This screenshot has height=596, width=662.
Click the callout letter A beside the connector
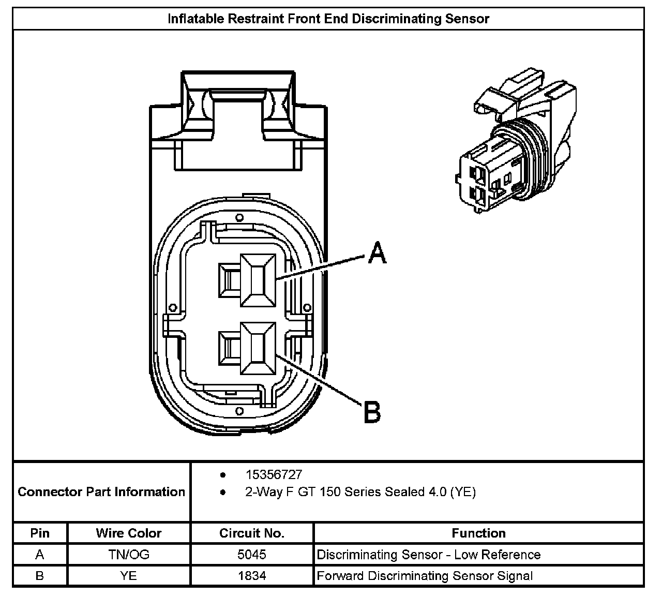[378, 254]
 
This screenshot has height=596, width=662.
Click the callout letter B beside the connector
[372, 412]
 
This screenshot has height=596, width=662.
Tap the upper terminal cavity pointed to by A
[257, 281]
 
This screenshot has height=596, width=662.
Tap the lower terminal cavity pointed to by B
[257, 347]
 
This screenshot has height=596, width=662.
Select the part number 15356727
[274, 475]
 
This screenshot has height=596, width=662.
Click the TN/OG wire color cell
[129, 555]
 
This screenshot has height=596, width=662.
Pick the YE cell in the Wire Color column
[129, 575]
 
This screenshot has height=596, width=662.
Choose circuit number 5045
[252, 555]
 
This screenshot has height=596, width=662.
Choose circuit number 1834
[252, 575]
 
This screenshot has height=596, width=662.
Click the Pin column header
[40, 533]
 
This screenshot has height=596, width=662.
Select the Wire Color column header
[129, 533]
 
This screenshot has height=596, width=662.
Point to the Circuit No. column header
[252, 533]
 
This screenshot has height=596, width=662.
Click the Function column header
[478, 533]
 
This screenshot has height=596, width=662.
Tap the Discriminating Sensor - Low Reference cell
[428, 555]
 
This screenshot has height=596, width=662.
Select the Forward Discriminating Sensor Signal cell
[424, 575]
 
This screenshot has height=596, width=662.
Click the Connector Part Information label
[101, 491]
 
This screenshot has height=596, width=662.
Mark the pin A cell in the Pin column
[40, 555]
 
